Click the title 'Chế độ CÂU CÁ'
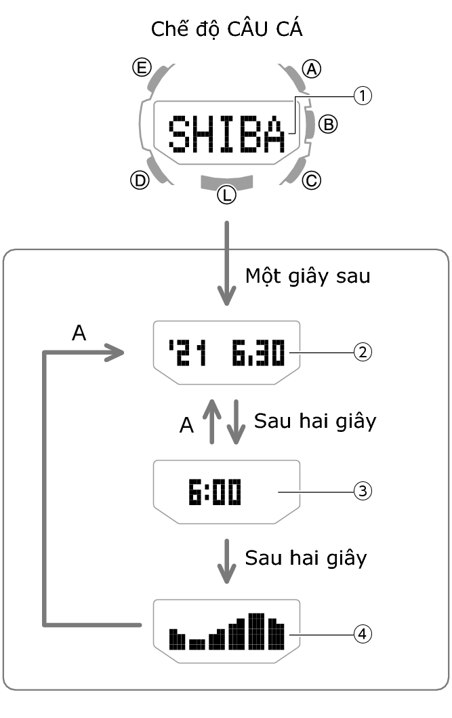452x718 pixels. (x=226, y=30)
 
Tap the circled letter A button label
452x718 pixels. (x=312, y=68)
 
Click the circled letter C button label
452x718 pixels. (x=312, y=180)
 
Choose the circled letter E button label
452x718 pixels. (x=141, y=68)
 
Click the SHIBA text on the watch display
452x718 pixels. (x=227, y=134)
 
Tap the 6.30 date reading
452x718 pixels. (x=258, y=353)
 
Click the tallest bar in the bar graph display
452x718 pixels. (x=256, y=630)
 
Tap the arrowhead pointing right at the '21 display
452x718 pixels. (x=117, y=353)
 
